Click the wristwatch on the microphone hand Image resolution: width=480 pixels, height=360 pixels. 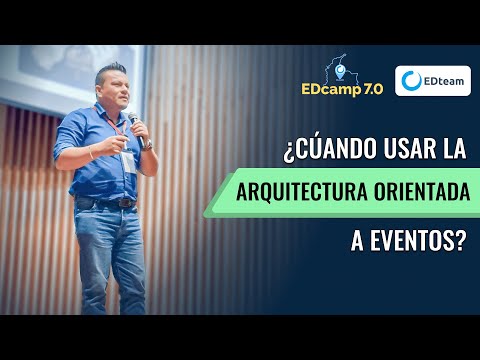pos(147,144)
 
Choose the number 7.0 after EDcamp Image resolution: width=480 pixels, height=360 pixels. pos(368,88)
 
